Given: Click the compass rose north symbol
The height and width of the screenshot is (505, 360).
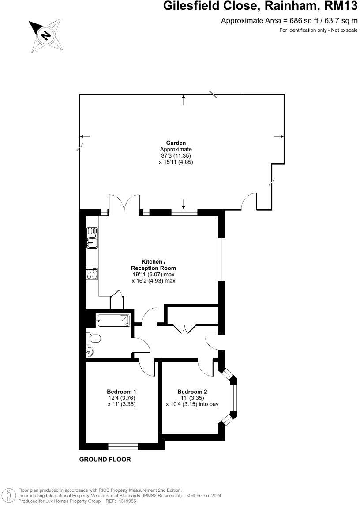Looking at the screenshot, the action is click(46, 35).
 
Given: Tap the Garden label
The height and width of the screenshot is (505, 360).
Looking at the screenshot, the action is click(176, 143).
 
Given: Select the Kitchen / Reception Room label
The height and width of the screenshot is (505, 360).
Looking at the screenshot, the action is click(153, 265).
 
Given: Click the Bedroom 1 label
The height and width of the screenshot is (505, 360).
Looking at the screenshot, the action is click(121, 392).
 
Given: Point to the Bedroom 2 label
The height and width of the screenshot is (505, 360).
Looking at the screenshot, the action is click(192, 392).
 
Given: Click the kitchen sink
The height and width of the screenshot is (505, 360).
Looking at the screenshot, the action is click(92, 238).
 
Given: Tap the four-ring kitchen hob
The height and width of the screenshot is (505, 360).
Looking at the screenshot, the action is click(92, 274).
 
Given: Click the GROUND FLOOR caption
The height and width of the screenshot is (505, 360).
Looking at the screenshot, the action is click(105, 459).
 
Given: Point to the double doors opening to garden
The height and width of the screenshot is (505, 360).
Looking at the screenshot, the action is click(124, 203).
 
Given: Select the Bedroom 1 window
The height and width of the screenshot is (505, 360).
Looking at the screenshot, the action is click(123, 446).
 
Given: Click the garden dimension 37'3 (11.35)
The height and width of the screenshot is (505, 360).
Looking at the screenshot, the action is click(176, 155).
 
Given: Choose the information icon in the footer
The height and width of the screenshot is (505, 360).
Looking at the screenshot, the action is click(11, 495).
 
